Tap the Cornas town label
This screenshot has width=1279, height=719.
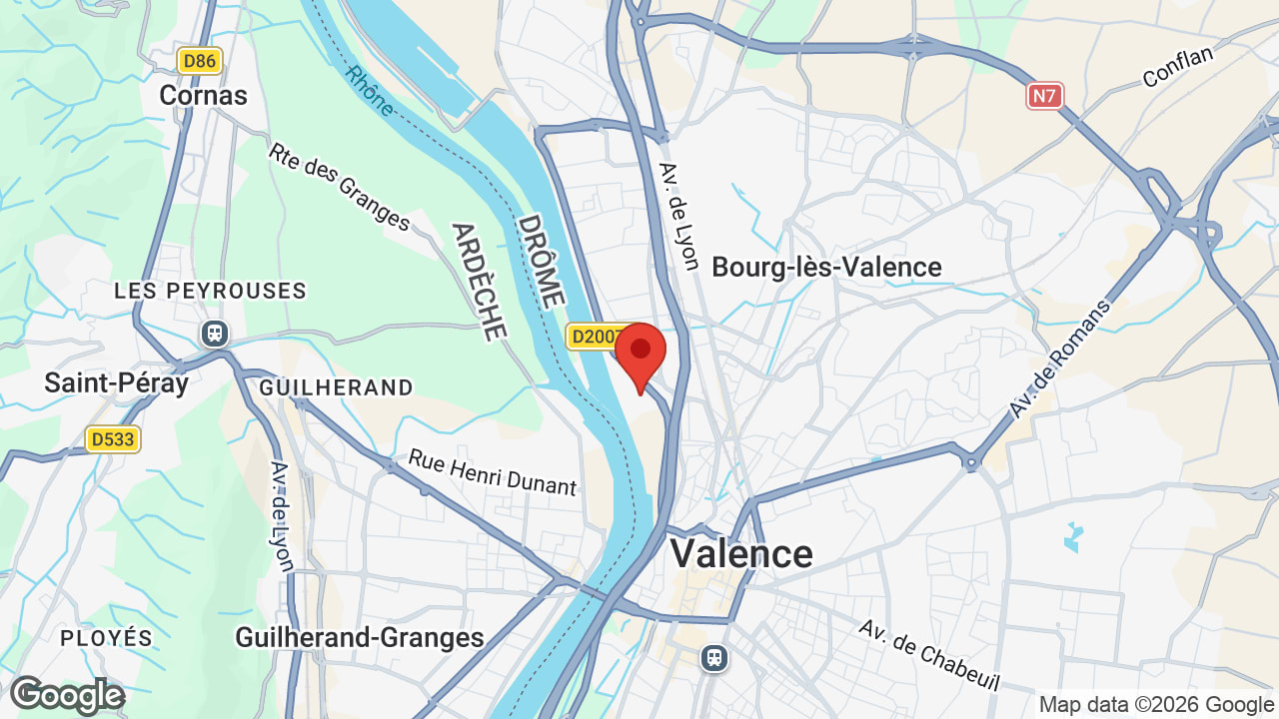click(204, 96)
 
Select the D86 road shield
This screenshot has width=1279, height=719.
click(200, 61)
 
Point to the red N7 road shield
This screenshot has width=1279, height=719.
click(1044, 96)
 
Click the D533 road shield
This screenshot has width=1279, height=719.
click(113, 439)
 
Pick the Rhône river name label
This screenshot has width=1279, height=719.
click(371, 91)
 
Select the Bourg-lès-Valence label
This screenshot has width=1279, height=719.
click(826, 268)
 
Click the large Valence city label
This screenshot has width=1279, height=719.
click(741, 553)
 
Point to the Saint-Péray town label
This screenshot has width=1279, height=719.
click(116, 383)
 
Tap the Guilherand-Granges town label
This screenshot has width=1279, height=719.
click(360, 637)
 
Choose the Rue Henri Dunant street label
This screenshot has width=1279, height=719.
click(493, 471)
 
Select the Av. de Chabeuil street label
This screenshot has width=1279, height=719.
click(929, 655)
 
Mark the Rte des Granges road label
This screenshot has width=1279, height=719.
click(340, 186)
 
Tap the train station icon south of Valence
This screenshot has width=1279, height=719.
click(713, 657)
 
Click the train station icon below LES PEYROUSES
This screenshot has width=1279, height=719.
click(214, 333)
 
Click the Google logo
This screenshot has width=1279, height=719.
click(67, 696)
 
